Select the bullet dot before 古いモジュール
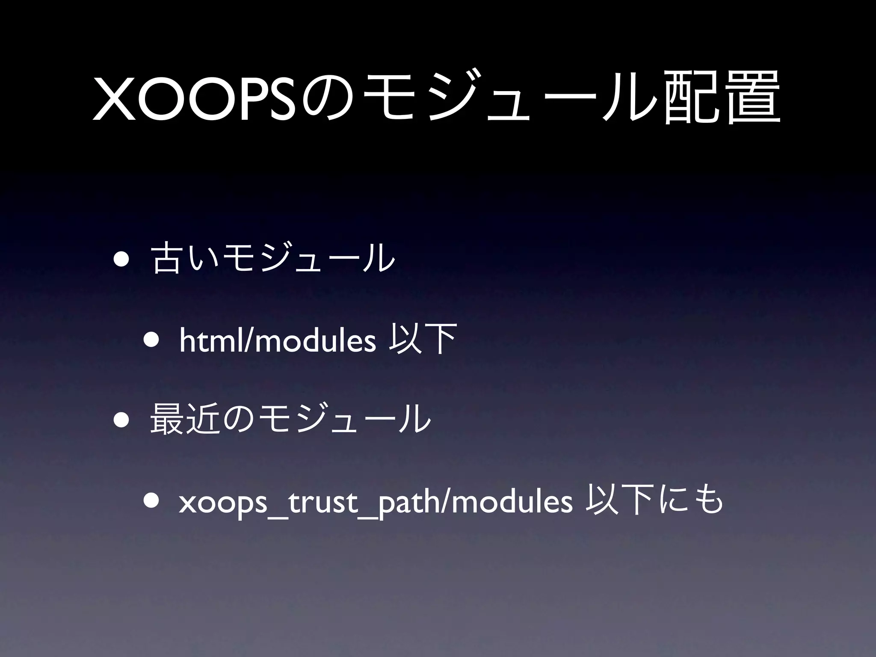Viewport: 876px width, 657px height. (x=121, y=259)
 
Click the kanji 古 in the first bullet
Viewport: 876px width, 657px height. (x=167, y=258)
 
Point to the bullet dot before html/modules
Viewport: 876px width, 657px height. (x=152, y=341)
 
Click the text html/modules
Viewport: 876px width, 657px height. (x=277, y=341)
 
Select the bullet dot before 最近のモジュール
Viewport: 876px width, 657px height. (x=121, y=420)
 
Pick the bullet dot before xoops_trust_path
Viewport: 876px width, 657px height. (x=152, y=501)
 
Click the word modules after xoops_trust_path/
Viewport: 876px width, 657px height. (x=512, y=502)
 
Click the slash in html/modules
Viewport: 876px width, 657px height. (x=249, y=341)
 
